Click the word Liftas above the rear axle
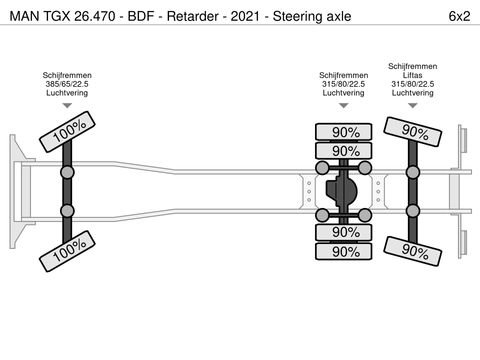point(413,75)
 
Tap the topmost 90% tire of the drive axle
point(346,132)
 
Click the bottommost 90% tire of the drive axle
point(346,251)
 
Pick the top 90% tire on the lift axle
point(412,131)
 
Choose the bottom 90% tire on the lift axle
point(412,250)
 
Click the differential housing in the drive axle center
point(345,191)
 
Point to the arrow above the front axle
point(68,105)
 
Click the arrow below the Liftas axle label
point(413,105)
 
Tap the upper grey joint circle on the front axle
point(68,172)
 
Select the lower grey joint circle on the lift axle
point(412,210)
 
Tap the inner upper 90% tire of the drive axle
point(346,151)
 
